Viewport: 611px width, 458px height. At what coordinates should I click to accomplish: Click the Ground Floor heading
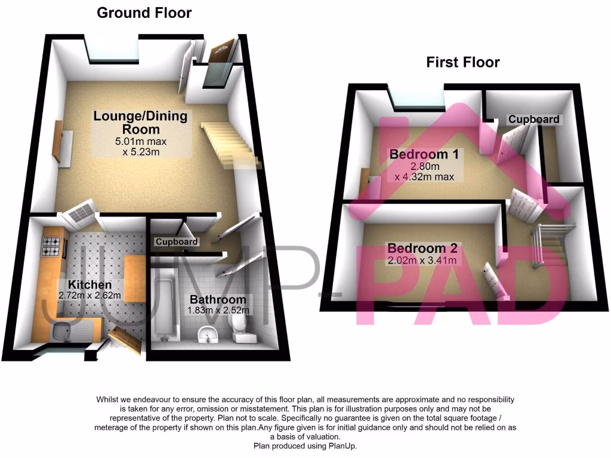coord(144,13)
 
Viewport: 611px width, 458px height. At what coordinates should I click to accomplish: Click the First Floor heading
coord(462,62)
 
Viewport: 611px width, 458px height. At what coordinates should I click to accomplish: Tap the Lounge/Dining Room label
coord(140,122)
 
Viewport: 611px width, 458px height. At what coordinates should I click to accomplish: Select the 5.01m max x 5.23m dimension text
coord(141,147)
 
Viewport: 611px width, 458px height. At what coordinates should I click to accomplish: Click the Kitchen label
coord(90,284)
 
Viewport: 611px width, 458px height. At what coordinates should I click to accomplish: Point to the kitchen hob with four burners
coord(51,247)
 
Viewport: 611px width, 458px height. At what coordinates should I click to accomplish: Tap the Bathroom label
coord(218,299)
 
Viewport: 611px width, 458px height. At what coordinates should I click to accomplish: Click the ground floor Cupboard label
coord(176,242)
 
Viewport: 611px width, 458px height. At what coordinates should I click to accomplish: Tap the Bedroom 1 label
coord(424,154)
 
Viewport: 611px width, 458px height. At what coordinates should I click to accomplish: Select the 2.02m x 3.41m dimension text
coord(422,261)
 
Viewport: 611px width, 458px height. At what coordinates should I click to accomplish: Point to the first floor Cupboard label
coord(533,119)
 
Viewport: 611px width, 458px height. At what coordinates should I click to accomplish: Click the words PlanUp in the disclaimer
coord(343,446)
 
